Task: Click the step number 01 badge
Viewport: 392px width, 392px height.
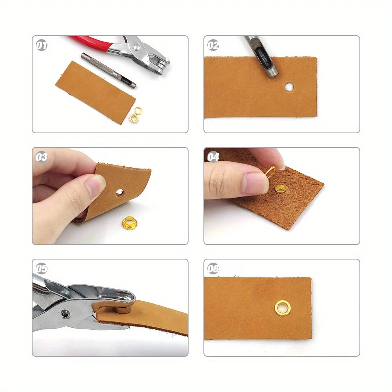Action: pyautogui.click(x=42, y=45)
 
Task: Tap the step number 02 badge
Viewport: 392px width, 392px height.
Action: pyautogui.click(x=213, y=45)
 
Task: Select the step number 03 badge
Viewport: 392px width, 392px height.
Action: pyautogui.click(x=42, y=157)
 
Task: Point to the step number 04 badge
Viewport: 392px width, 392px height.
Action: pyautogui.click(x=213, y=157)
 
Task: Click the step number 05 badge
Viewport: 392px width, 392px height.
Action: pyautogui.click(x=42, y=269)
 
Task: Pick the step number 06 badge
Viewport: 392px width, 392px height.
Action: pyautogui.click(x=213, y=269)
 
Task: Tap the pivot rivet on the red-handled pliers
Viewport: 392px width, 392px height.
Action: pyautogui.click(x=136, y=47)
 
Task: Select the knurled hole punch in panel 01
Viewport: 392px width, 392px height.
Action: pyautogui.click(x=108, y=70)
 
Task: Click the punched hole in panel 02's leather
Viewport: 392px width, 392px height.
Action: pyautogui.click(x=289, y=87)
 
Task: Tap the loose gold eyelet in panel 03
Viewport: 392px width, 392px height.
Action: pyautogui.click(x=129, y=223)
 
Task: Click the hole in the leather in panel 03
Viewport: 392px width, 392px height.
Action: pyautogui.click(x=120, y=192)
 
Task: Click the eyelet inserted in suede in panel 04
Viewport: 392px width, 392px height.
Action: pyautogui.click(x=281, y=189)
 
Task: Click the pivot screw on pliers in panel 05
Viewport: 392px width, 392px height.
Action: pyautogui.click(x=66, y=314)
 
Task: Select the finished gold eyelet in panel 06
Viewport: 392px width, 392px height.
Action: pyautogui.click(x=283, y=308)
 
